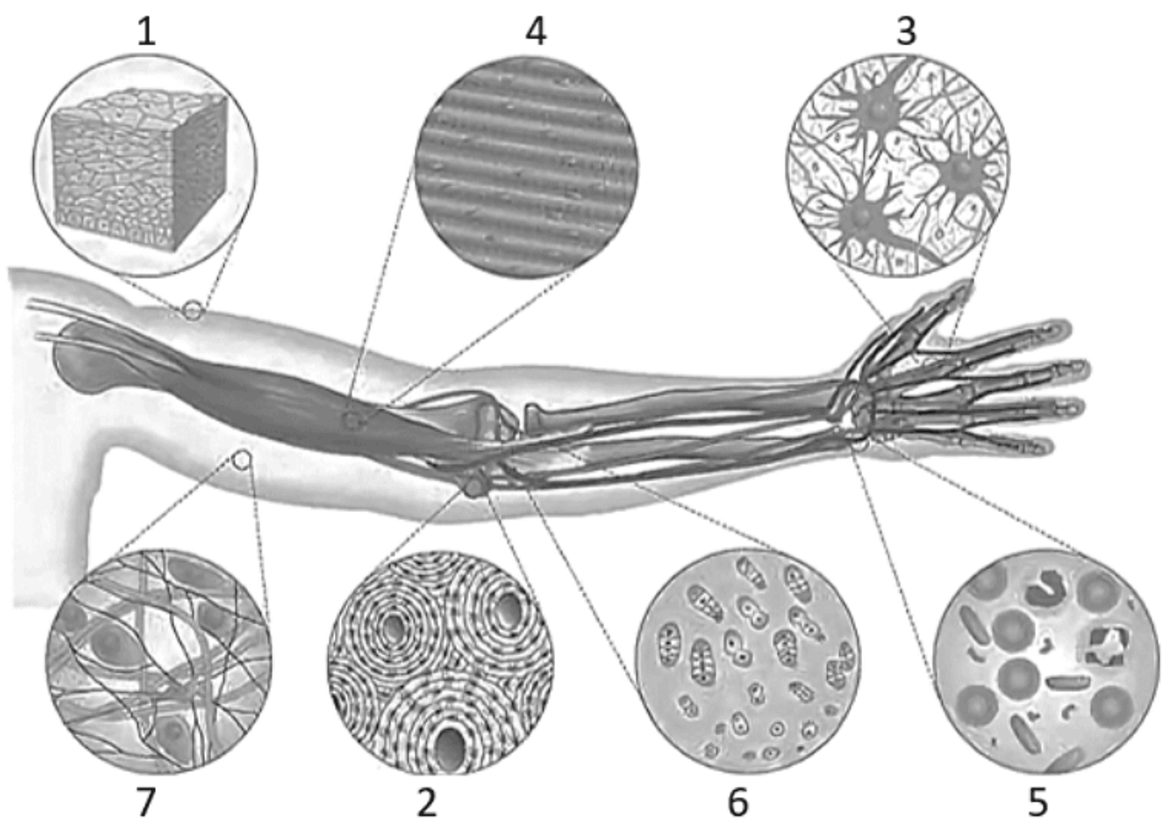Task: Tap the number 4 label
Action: [535, 31]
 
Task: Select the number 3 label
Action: [906, 31]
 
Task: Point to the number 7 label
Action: [146, 802]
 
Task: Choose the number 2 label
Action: [427, 803]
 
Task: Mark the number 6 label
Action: [738, 803]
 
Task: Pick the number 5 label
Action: [1038, 803]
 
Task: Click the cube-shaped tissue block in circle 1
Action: [141, 169]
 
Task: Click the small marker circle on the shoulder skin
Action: [192, 311]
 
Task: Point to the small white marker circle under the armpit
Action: [241, 460]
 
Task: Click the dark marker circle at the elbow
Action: [474, 486]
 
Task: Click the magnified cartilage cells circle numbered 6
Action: [748, 663]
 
